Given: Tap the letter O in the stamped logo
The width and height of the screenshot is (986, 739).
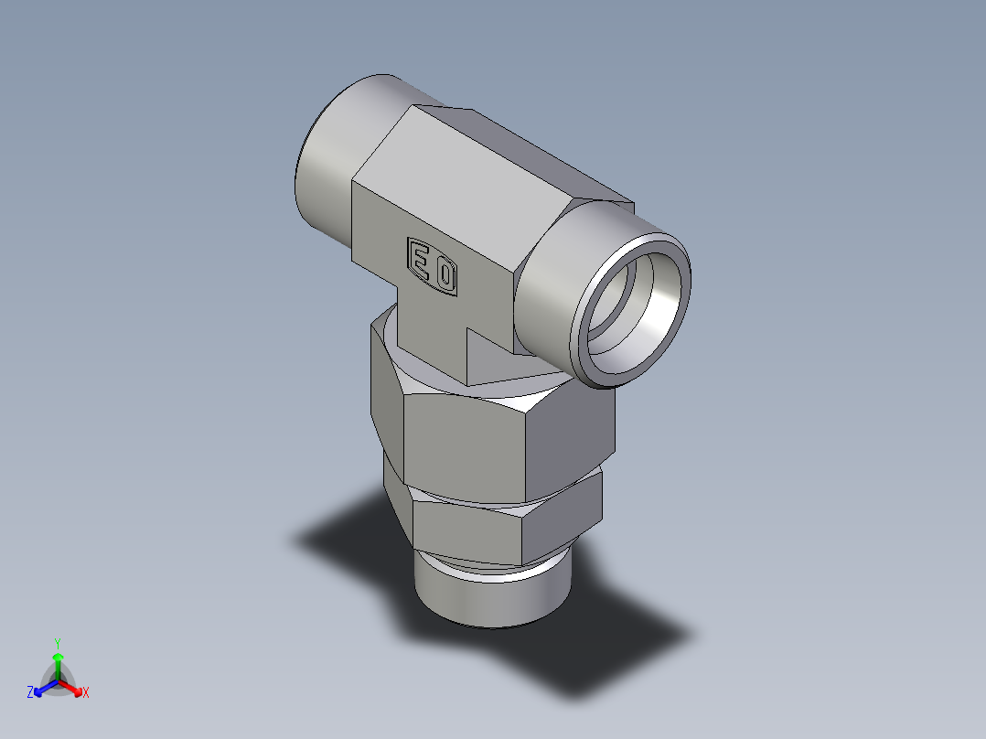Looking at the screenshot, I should (x=445, y=274).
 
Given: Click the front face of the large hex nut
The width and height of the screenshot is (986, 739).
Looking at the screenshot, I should (x=466, y=444).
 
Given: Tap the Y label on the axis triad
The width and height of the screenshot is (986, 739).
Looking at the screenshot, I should (x=58, y=642).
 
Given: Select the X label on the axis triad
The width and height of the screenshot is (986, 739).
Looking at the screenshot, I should (x=86, y=693).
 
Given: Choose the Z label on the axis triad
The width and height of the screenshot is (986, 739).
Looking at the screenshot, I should (x=30, y=693).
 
